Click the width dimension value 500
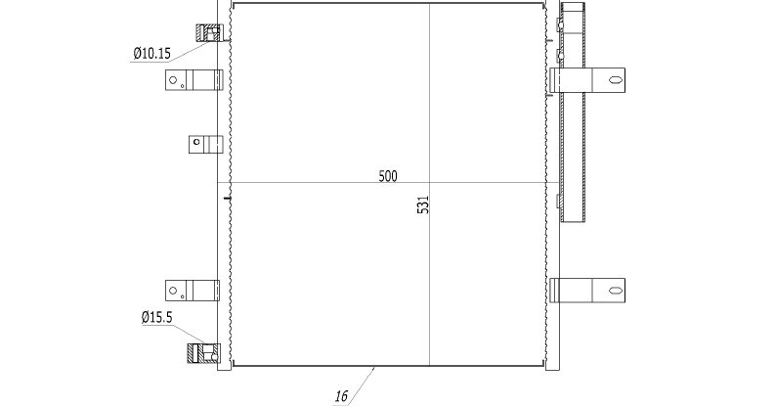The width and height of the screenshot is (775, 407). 387,176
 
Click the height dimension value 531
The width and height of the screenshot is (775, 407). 423,204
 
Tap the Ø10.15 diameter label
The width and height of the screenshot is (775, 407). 152,53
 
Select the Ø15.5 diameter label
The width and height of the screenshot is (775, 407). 157,317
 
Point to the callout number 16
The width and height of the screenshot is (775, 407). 341,396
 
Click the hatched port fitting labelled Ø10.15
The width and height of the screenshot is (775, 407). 208,32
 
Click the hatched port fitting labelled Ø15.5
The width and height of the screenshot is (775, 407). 203,353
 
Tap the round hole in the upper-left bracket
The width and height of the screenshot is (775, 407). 173,79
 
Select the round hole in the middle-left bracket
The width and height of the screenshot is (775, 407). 196,142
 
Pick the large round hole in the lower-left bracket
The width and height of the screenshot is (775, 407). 173,291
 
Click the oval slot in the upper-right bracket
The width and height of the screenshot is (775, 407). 614,79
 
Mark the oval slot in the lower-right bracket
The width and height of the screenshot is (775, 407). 614,291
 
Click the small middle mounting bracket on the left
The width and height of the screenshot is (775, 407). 205,145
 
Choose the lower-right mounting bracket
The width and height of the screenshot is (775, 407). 587,291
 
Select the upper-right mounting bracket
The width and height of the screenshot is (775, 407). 587,80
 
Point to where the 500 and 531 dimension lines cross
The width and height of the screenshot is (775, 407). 429,183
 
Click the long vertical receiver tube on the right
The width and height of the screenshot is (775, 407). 573,112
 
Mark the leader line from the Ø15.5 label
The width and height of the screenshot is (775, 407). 189,334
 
